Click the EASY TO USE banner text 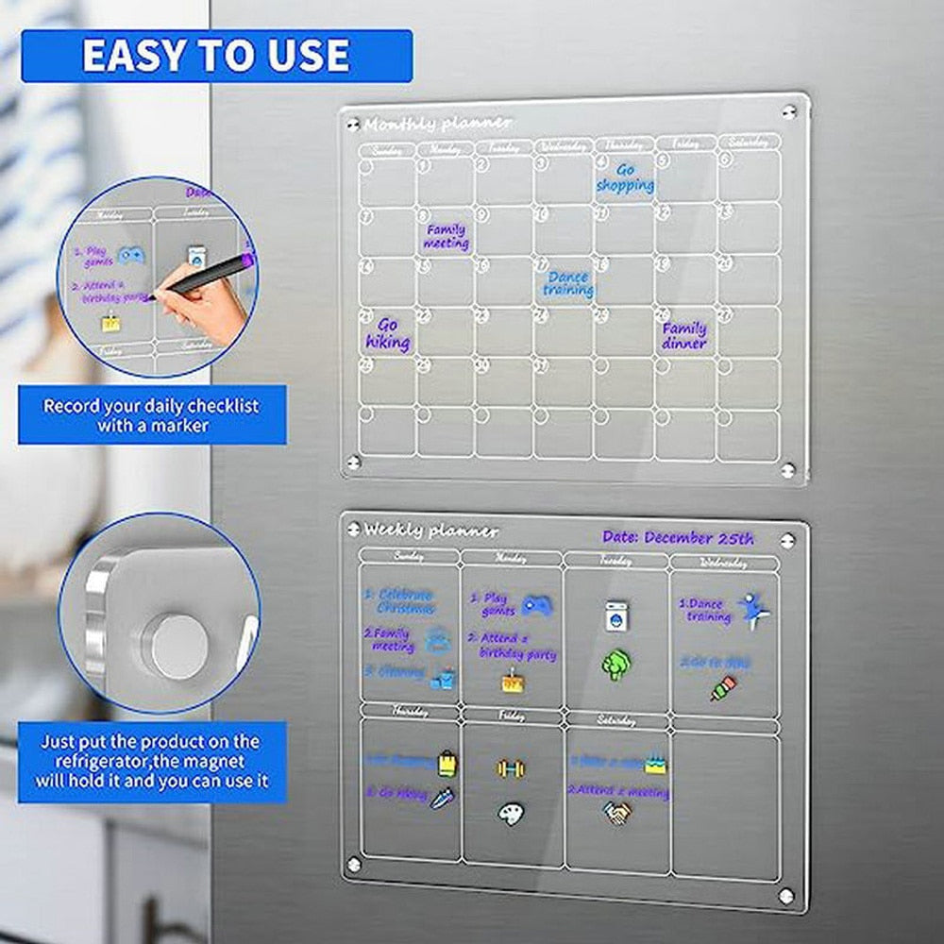[215, 56]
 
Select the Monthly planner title [438, 124]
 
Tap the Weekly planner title [431, 531]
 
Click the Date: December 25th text [678, 538]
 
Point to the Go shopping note [625, 177]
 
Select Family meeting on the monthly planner [446, 236]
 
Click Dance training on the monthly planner [568, 283]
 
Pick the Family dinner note [684, 335]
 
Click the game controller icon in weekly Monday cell [536, 605]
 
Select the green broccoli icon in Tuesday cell [615, 664]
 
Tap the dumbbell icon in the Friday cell [511, 768]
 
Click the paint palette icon [511, 813]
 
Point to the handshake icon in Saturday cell [617, 812]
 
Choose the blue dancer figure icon [753, 611]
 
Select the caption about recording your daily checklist [152, 415]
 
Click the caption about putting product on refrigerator [152, 761]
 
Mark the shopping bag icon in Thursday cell [447, 763]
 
